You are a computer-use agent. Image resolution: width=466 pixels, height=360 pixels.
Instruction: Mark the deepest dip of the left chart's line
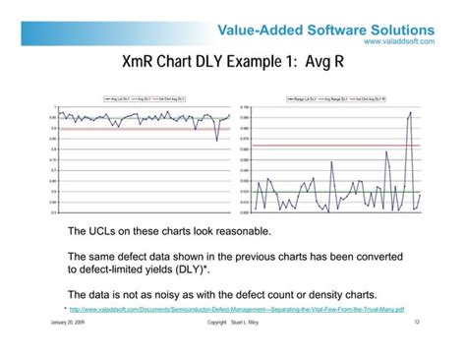217,140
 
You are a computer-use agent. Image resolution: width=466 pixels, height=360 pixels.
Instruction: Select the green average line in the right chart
295,192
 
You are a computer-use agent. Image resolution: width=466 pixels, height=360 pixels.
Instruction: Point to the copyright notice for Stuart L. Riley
237,322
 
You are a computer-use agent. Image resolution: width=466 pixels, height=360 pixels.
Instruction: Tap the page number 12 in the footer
417,322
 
